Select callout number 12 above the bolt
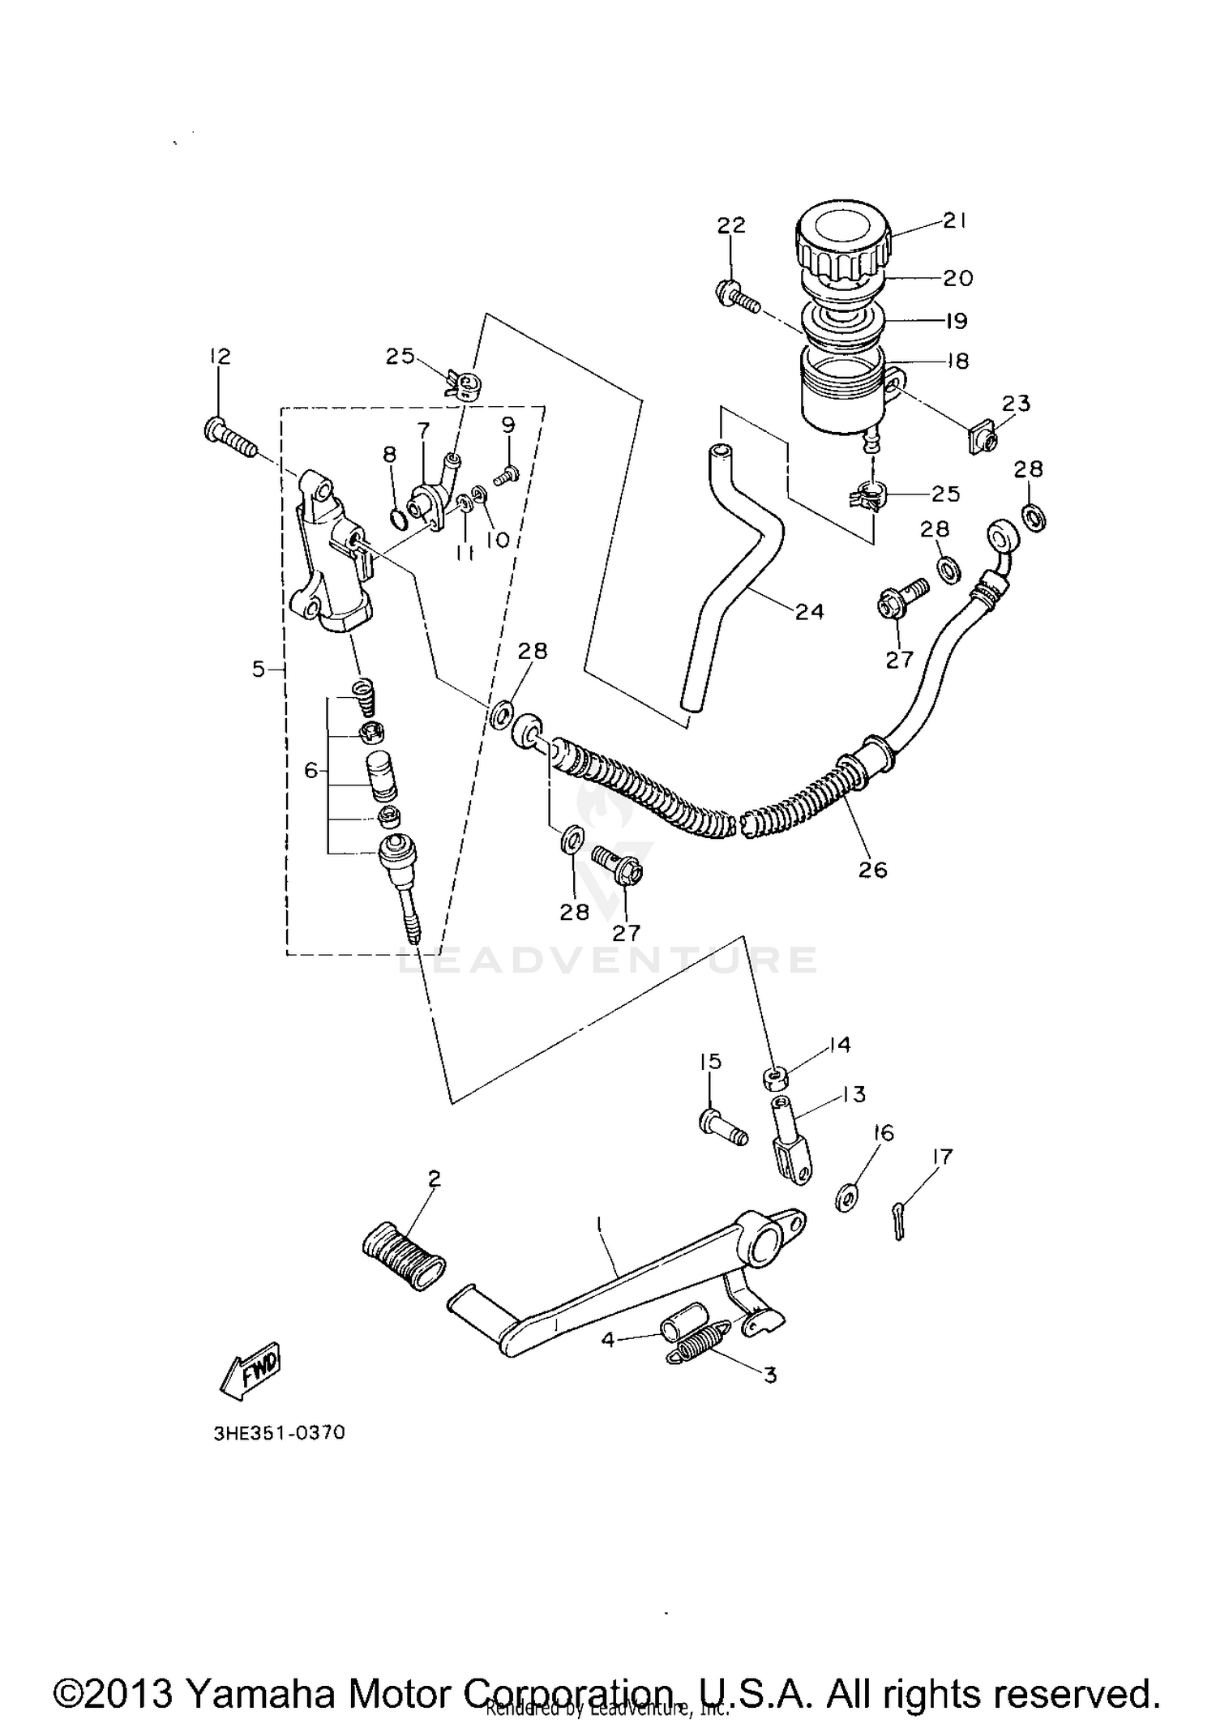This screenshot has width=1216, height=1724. pos(219,356)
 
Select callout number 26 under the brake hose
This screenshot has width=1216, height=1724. pos(873,870)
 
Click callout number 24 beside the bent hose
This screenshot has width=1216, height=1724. pos(809,611)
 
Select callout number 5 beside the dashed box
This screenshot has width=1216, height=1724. pos(259,669)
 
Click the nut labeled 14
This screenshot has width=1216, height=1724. pos(776,1078)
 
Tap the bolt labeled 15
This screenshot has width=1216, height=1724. pos(721,1127)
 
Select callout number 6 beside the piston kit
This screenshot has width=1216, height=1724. pos(311,770)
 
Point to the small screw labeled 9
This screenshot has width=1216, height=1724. pos(506,479)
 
